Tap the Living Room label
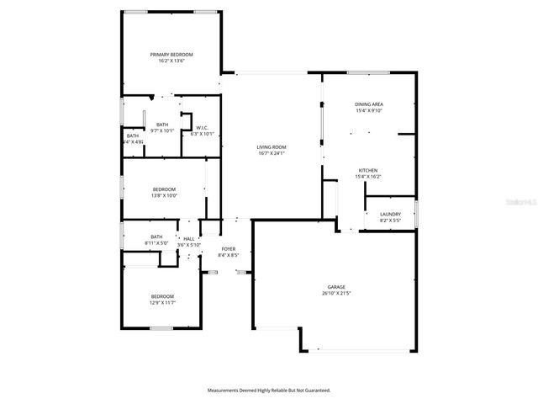[272, 147]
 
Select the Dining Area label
[369, 104]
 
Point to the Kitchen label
[368, 170]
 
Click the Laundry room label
[390, 214]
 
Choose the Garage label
[336, 287]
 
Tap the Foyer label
[228, 249]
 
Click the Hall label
[189, 239]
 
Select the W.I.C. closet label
[203, 128]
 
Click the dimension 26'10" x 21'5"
[336, 294]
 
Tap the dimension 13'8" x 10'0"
[164, 196]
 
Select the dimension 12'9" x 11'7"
[162, 302]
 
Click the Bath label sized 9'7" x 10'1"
[162, 125]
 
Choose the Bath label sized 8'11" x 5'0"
[156, 237]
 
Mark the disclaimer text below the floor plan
[269, 391]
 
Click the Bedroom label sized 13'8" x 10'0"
[164, 189]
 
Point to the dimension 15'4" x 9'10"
[369, 110]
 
